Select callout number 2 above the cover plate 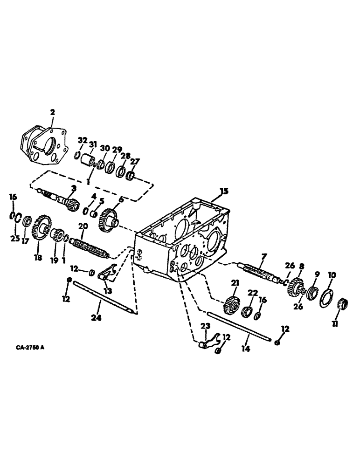click(53, 112)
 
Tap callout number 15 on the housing click(224, 191)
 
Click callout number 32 click(83, 140)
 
